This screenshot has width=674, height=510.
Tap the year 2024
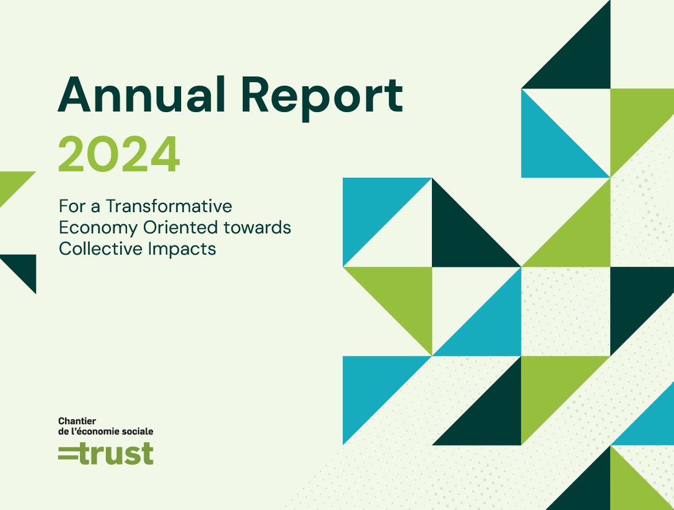tap(118, 154)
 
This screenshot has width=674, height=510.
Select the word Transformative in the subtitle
tap(169, 206)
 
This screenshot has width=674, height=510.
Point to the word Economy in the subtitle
tap(98, 228)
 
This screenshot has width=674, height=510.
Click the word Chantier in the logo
tap(77, 421)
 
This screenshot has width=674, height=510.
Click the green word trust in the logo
tap(116, 453)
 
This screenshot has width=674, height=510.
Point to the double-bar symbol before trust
tap(68, 454)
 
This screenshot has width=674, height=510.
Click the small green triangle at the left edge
tap(12, 183)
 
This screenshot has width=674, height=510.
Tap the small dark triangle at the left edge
tap(24, 267)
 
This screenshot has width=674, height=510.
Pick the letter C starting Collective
tap(66, 249)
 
